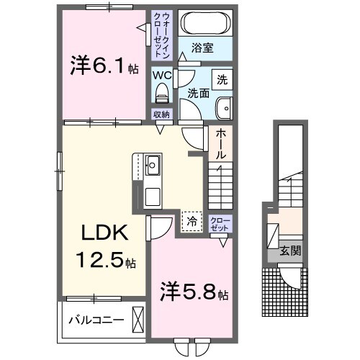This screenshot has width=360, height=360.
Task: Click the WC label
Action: pyautogui.click(x=161, y=73)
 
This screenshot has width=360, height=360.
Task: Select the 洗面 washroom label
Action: pyautogui.click(x=198, y=93)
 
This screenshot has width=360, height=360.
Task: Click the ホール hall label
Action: pyautogui.click(x=220, y=144)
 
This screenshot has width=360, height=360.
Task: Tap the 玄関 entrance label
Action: pyautogui.click(x=290, y=251)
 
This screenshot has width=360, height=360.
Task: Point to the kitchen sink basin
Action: pyautogui.click(x=153, y=167)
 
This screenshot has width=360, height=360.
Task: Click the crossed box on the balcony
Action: pyautogui.click(x=138, y=319)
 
